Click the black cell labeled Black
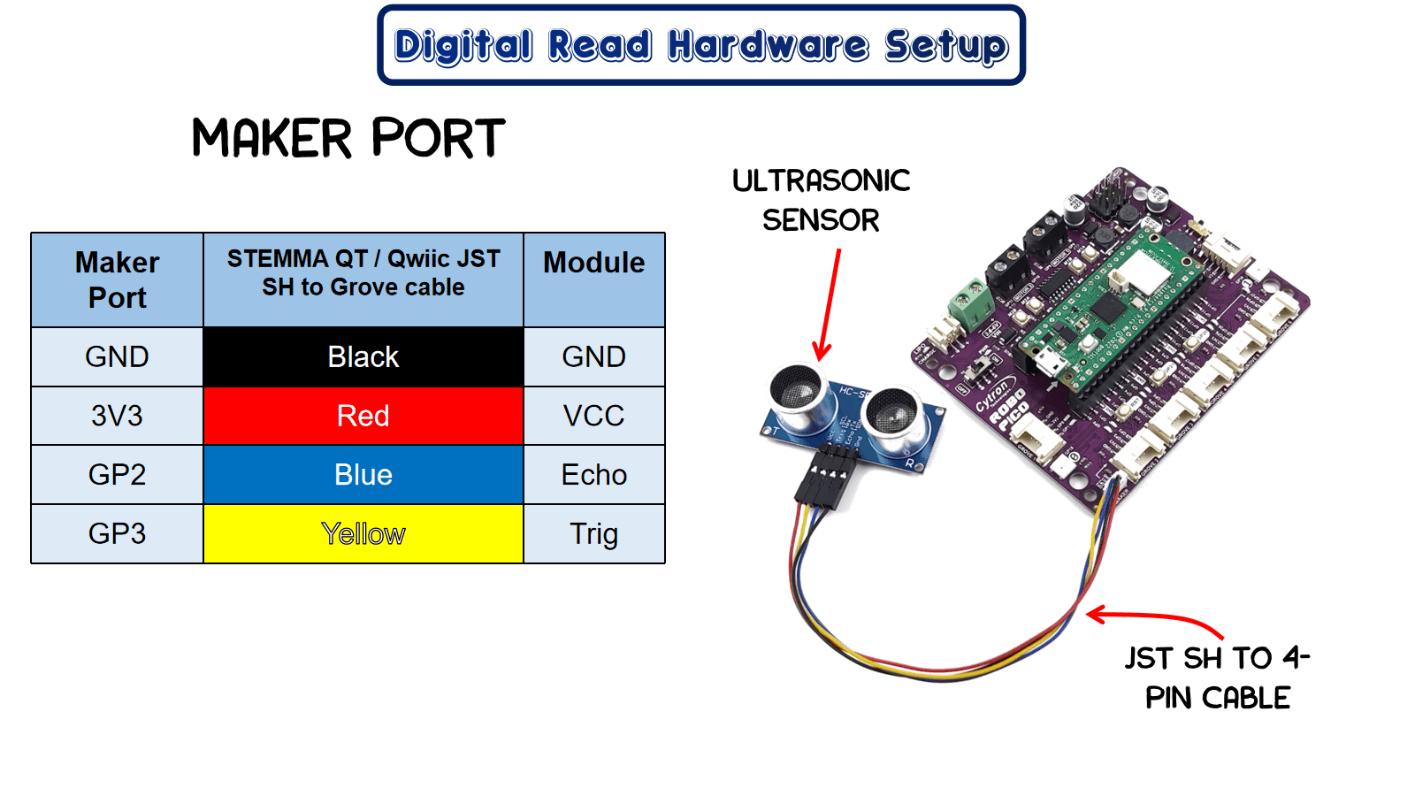[363, 356]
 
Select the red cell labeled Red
[363, 416]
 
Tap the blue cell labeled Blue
[363, 475]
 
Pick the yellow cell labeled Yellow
[363, 533]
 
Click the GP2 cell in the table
[117, 475]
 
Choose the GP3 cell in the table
[117, 533]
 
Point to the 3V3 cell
[117, 416]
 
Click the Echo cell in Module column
[593, 475]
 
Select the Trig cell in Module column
[593, 533]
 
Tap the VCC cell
[593, 416]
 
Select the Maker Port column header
[117, 279]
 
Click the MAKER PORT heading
[348, 139]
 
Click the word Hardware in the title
[768, 46]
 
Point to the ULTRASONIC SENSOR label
[821, 200]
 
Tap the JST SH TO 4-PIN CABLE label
[1217, 677]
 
